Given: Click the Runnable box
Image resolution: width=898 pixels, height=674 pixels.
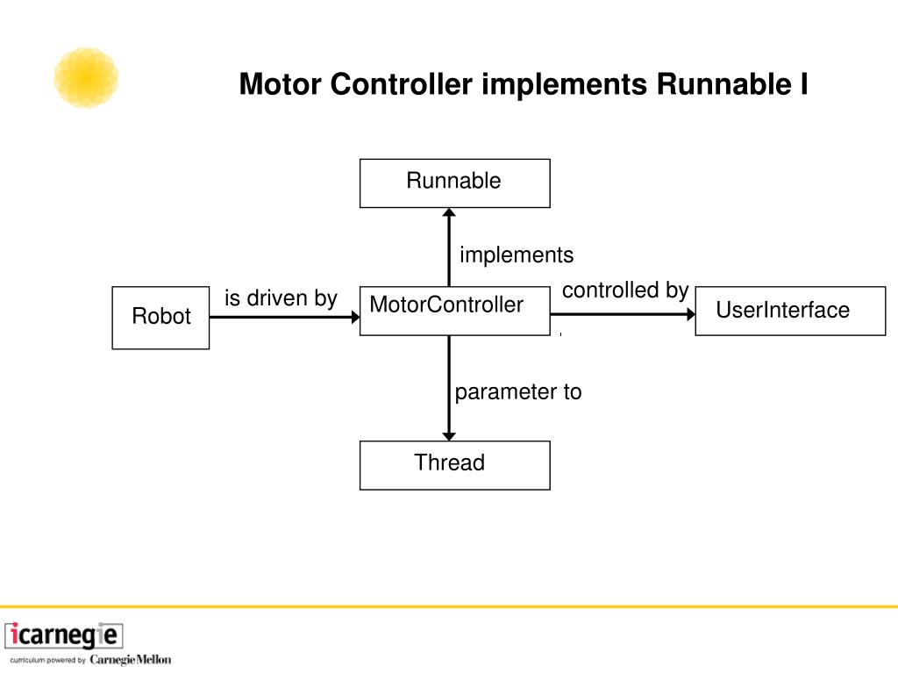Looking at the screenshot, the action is [455, 183].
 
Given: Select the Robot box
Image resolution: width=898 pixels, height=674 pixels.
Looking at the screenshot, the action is [161, 318].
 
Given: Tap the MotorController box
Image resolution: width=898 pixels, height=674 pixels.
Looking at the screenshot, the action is [455, 311].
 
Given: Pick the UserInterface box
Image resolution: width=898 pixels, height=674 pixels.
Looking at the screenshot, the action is [790, 311].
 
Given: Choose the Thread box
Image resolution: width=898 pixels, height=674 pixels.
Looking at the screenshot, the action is [455, 465].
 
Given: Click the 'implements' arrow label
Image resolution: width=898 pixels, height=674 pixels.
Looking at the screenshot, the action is [517, 255].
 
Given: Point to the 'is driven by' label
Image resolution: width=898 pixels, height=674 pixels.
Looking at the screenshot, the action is [281, 298].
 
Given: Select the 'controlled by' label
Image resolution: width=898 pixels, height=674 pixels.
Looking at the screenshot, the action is [625, 290].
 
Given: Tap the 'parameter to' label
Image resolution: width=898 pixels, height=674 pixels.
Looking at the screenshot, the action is [518, 392].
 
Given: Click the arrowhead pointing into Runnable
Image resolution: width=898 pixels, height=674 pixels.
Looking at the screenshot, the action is [449, 212].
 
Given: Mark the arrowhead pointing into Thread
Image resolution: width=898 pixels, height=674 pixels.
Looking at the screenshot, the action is [449, 437].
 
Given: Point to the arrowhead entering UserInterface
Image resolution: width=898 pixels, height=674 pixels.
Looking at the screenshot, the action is [691, 314].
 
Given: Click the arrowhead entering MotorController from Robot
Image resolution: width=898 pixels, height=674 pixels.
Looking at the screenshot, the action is [356, 317].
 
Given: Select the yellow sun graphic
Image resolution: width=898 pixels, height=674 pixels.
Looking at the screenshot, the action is [86, 77].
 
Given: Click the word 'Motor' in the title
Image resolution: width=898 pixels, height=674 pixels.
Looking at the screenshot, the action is [280, 84].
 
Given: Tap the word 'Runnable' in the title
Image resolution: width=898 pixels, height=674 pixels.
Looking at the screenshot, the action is [723, 84].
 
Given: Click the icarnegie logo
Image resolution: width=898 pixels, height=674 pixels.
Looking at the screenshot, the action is [63, 635].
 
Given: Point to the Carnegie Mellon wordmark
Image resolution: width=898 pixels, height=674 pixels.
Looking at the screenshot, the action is [131, 660].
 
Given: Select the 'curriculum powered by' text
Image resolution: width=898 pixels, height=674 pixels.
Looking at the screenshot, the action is [47, 660].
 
